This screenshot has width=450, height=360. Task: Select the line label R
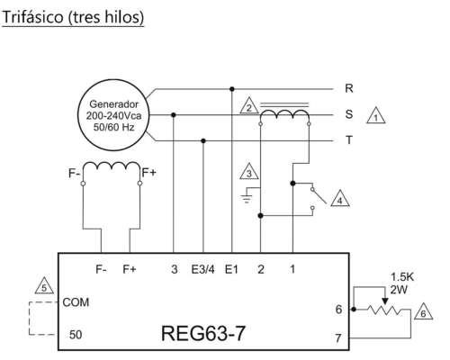point(348,89)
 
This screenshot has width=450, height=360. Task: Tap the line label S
point(348,115)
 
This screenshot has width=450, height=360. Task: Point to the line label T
point(348,141)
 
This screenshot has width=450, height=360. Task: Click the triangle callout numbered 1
point(379,116)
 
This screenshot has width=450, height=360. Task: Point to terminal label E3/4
point(204,268)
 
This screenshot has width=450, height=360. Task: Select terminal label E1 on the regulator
point(232,268)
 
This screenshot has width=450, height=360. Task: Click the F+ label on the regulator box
point(130,268)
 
